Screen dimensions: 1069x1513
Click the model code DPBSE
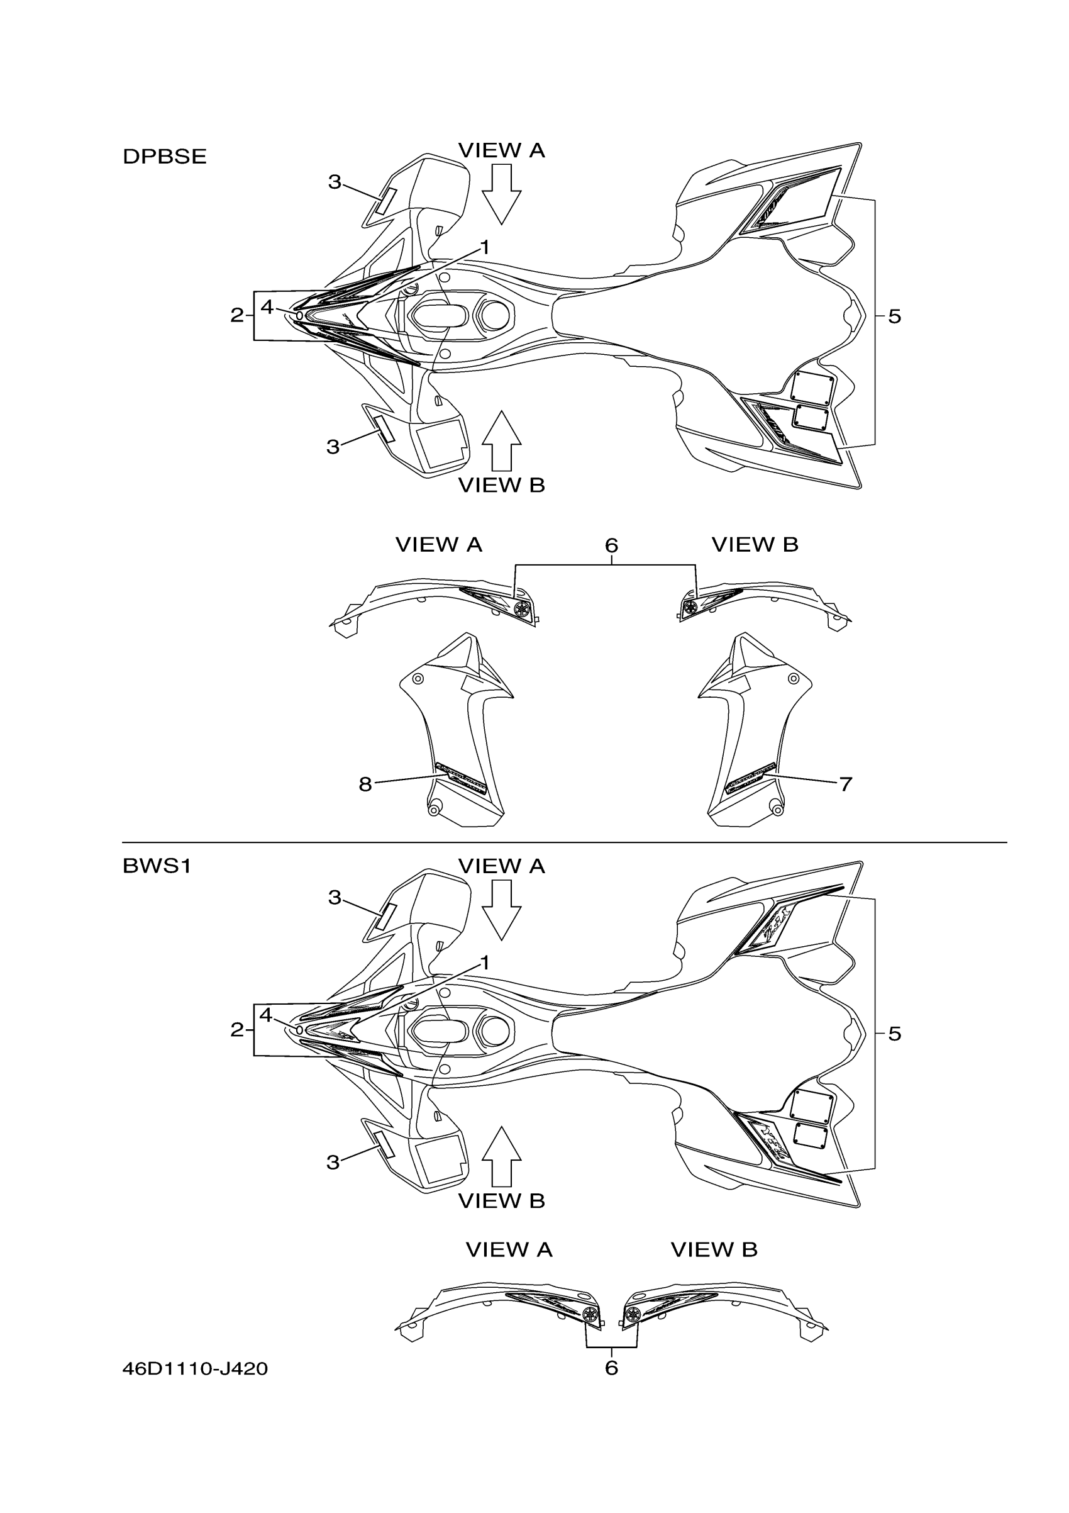tap(165, 156)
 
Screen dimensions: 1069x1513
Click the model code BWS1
tap(157, 865)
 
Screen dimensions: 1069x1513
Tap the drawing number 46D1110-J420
tap(195, 1369)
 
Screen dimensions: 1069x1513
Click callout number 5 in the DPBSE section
tap(894, 316)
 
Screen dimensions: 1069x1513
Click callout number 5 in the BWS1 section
tap(894, 1033)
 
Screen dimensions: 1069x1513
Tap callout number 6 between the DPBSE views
tap(611, 545)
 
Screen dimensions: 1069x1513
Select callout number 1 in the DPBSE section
tap(485, 248)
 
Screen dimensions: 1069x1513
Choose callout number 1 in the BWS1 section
tap(485, 963)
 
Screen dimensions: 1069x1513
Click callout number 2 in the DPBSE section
tap(236, 316)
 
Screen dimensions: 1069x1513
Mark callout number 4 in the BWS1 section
tap(265, 1015)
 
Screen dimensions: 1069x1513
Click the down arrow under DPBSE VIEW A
tap(501, 194)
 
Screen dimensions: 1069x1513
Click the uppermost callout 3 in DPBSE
tap(335, 182)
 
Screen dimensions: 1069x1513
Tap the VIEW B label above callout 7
tap(754, 544)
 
